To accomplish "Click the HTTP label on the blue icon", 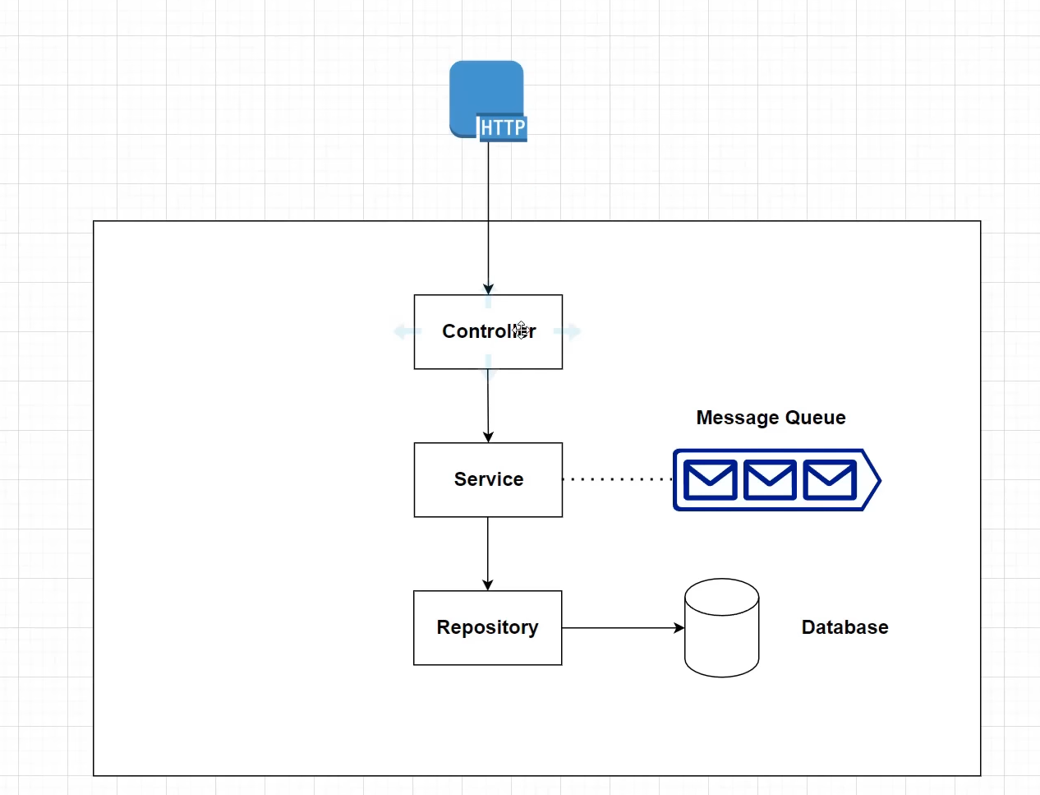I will [502, 128].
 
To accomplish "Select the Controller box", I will [460, 349].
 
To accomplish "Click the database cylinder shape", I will [721, 637].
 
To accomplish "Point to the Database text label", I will [844, 627].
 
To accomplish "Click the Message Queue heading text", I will [771, 418].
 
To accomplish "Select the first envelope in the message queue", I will [710, 480].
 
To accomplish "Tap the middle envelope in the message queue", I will [770, 480].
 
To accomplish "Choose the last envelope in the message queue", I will [830, 480].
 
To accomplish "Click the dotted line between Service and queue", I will [616, 478].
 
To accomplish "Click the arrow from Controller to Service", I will [488, 407].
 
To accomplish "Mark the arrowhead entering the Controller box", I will [489, 289].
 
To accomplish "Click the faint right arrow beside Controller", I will [568, 331].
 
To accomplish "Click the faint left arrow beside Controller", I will [406, 331].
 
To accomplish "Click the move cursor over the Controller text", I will [521, 330].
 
